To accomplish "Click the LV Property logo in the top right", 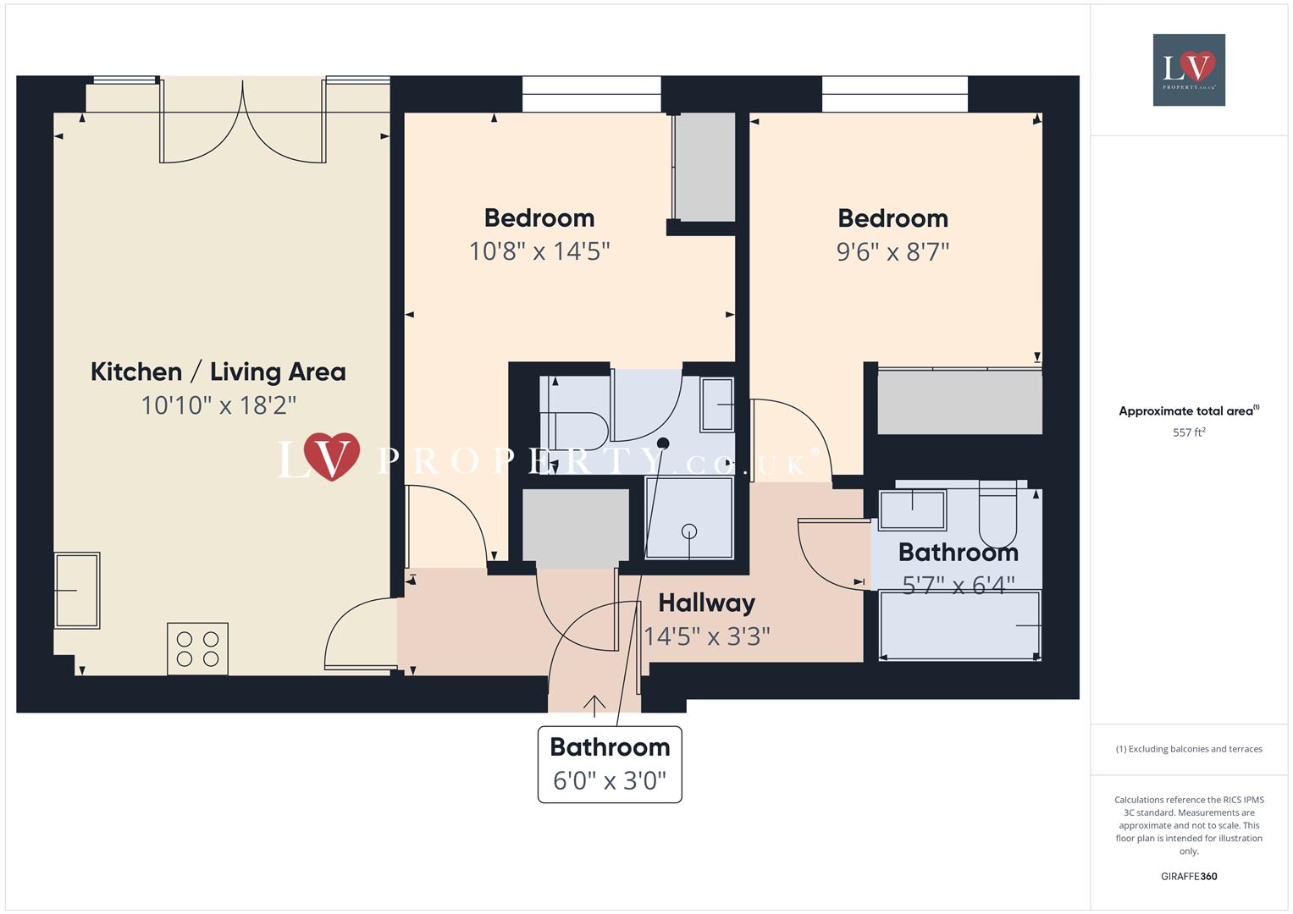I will coord(1189,69).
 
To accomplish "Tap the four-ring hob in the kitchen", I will coord(197,648).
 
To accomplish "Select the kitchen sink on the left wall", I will coord(77,590).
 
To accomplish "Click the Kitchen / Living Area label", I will coord(218,372).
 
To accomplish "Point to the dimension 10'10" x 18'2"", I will coord(218,405).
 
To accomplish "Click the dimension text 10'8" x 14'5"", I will coord(539,251).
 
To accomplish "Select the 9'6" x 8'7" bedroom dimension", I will coord(892,251).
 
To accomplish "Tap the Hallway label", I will coord(706,603).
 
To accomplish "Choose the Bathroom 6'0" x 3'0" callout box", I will coord(610,764).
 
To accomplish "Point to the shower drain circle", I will coord(689,531).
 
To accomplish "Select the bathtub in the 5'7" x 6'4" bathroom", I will coord(959,625).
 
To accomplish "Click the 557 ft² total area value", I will coord(1189,432).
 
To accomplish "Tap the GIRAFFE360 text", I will coord(1189,876).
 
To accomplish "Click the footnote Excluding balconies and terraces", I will coord(1189,749).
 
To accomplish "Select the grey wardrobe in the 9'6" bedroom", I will coord(959,402).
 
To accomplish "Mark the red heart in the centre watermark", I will coord(331,457).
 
